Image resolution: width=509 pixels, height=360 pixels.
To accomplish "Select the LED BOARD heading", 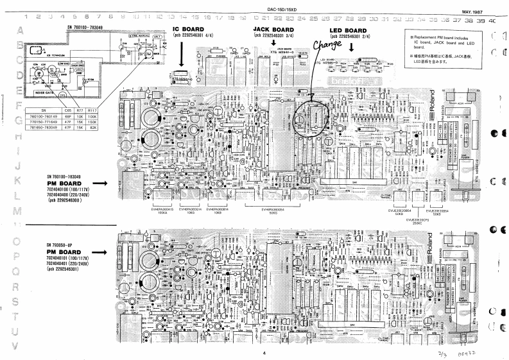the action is coord(347,30).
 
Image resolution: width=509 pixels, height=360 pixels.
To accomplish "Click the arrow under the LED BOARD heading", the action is coord(351,46).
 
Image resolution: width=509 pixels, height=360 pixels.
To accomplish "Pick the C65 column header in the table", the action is coord(68,101).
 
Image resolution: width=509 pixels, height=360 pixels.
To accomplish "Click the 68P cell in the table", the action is coord(68,107).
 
